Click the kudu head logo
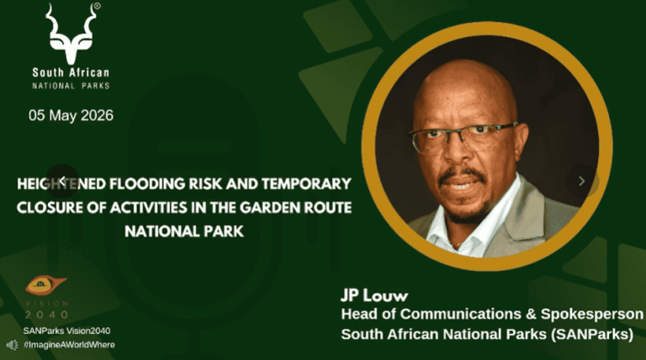coord(71,34)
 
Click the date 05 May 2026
coord(71,115)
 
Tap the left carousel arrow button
coord(62,181)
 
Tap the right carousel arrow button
coord(582,181)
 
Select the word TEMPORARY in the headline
coord(306,183)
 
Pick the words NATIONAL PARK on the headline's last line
coord(184,231)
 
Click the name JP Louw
coord(374,295)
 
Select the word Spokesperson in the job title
coord(591,315)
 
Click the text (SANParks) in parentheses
coord(592,334)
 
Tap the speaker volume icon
coord(12,345)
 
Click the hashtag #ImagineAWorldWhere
coord(69,345)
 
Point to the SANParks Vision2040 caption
coord(66,331)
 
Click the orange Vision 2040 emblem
coord(45,285)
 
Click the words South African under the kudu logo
coord(71,73)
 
